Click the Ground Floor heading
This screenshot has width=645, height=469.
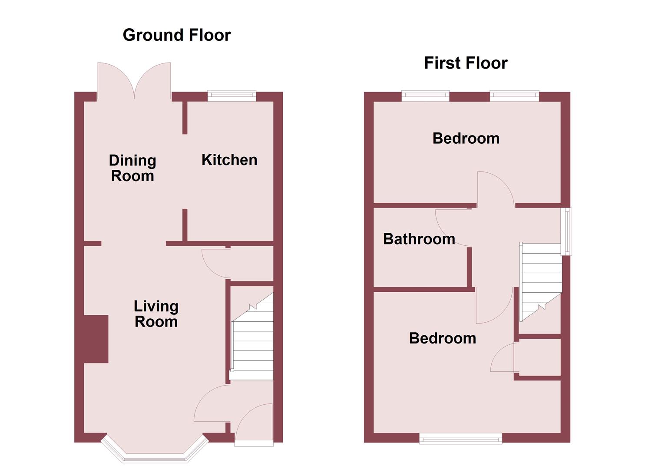tap(176, 35)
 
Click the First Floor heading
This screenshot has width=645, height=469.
tap(466, 63)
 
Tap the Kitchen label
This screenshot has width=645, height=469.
tap(229, 160)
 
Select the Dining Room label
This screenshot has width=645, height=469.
tap(132, 168)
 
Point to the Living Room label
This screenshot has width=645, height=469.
tap(156, 314)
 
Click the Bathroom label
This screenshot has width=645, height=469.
tap(419, 239)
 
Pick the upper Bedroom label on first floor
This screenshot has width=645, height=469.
tap(466, 139)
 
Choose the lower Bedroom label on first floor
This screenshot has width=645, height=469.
tap(442, 338)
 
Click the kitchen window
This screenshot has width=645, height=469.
tap(232, 96)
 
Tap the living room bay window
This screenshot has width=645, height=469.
tap(155, 456)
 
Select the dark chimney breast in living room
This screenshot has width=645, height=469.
tap(96, 339)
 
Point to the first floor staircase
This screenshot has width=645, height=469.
tap(541, 278)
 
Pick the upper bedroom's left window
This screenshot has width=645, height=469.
tap(425, 96)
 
